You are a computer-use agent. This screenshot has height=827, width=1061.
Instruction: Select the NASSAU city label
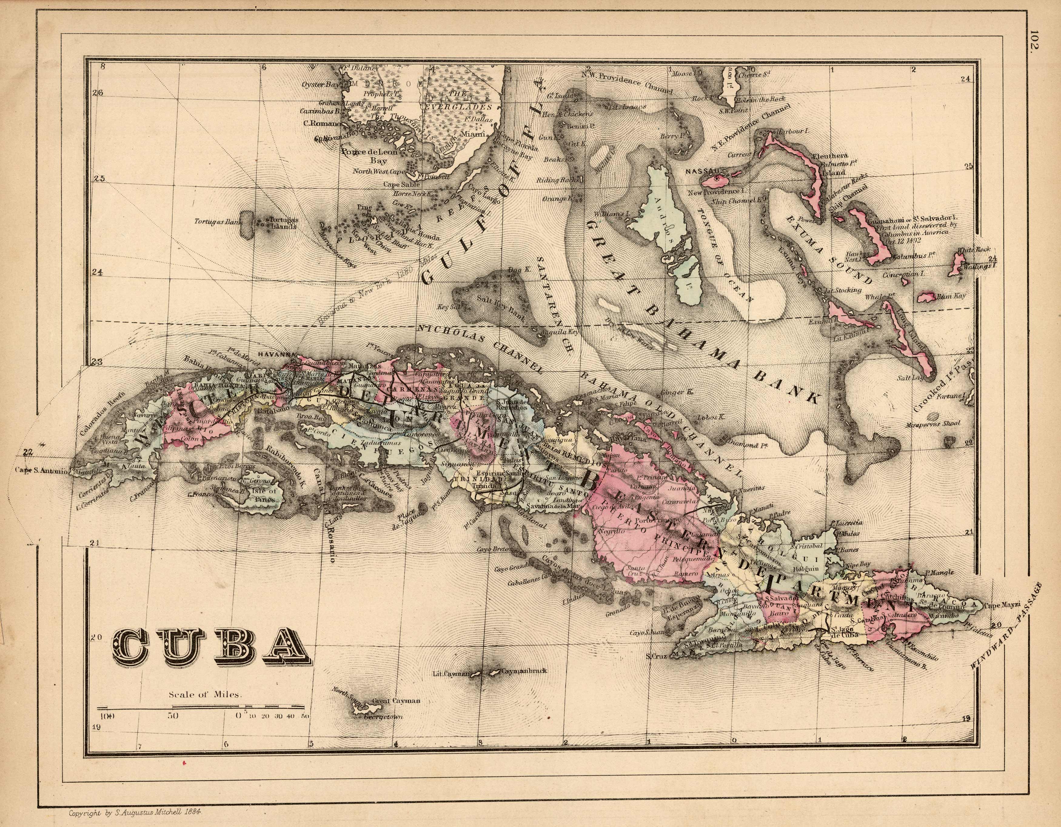pyautogui.click(x=698, y=172)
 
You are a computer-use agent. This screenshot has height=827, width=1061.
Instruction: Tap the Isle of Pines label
pyautogui.click(x=264, y=494)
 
